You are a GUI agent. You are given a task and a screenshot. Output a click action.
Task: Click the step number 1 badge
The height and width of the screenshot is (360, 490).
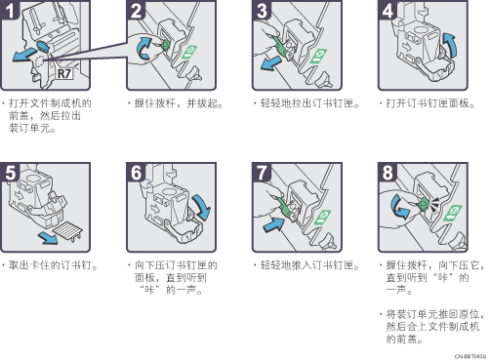9,10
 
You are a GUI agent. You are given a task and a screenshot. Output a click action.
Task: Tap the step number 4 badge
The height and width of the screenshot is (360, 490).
387,10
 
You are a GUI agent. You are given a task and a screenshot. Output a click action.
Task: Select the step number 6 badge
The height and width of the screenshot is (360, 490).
136,172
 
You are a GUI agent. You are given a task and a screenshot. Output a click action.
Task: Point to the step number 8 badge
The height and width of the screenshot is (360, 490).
387,172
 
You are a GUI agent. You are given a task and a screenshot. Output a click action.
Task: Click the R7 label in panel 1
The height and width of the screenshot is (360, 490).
64,73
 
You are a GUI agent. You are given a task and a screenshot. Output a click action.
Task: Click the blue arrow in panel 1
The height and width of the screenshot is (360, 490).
24,54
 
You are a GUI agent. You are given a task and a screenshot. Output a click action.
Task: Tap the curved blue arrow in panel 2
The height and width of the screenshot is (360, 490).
143,49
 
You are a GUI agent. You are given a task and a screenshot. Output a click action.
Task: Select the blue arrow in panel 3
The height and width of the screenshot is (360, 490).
270,63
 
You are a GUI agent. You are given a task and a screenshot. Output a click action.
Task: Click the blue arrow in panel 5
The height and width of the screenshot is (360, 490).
48,238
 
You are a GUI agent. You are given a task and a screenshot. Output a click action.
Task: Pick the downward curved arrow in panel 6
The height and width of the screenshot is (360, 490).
202,208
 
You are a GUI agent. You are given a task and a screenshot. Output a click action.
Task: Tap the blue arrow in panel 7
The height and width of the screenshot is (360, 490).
274,224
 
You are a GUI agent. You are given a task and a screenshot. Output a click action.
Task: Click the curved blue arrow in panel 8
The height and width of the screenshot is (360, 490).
399,207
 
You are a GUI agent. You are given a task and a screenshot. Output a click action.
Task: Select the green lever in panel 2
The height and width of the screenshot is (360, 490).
166,45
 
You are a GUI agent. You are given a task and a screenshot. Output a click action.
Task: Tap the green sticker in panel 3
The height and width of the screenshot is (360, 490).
318,56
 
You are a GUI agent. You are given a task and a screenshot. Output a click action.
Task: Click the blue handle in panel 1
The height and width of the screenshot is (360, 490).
42,46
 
